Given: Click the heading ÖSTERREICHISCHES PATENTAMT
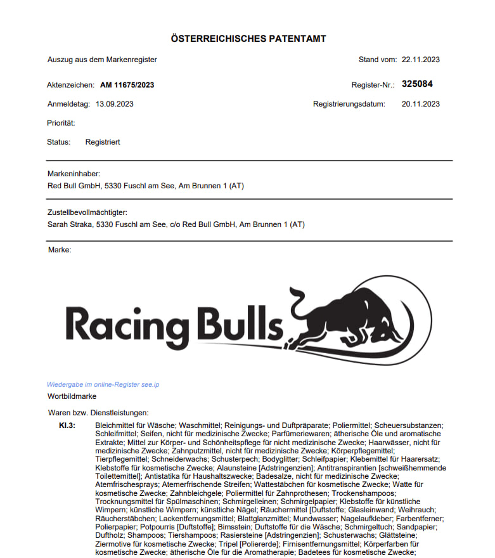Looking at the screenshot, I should pos(248,39).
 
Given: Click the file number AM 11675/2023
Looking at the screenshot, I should pos(127,84).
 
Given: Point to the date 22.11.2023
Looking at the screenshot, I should pos(420,60).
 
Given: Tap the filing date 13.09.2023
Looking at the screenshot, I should pos(115,103).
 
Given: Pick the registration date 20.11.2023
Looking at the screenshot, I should pos(420,103).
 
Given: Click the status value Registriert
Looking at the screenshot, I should pos(103,142).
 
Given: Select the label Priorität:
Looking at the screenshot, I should pos(61,123).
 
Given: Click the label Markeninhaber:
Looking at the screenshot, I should pos(74,174).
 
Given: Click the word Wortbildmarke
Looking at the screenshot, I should pos(72,396).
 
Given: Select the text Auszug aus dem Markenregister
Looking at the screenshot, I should pos(102,60).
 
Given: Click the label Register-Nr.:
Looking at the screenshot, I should pos(373,84).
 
